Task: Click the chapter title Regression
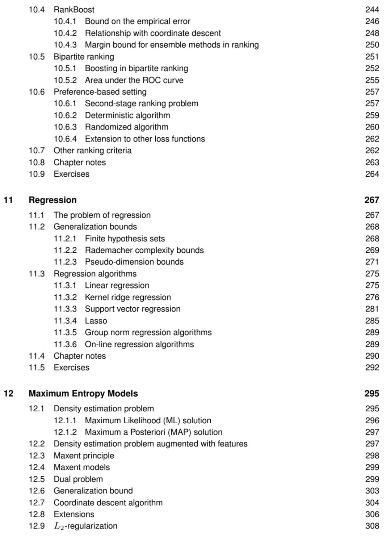tap(52, 200)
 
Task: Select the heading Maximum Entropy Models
tap(83, 393)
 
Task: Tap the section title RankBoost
tap(74, 10)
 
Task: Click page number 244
tap(372, 10)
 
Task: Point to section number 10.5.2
tap(65, 80)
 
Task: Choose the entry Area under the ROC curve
tap(134, 80)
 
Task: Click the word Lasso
tap(96, 321)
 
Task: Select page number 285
tap(372, 321)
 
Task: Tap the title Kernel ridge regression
tap(128, 297)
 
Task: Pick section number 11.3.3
tap(65, 309)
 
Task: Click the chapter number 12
tap(8, 393)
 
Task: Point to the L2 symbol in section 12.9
tap(59, 526)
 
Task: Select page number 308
tap(372, 526)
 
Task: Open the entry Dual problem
tap(78, 479)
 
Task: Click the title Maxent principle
tap(84, 456)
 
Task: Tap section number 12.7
tap(37, 503)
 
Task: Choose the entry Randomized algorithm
tap(126, 127)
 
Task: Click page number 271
tap(372, 262)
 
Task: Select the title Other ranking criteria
tap(92, 151)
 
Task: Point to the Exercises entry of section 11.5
tap(71, 368)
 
